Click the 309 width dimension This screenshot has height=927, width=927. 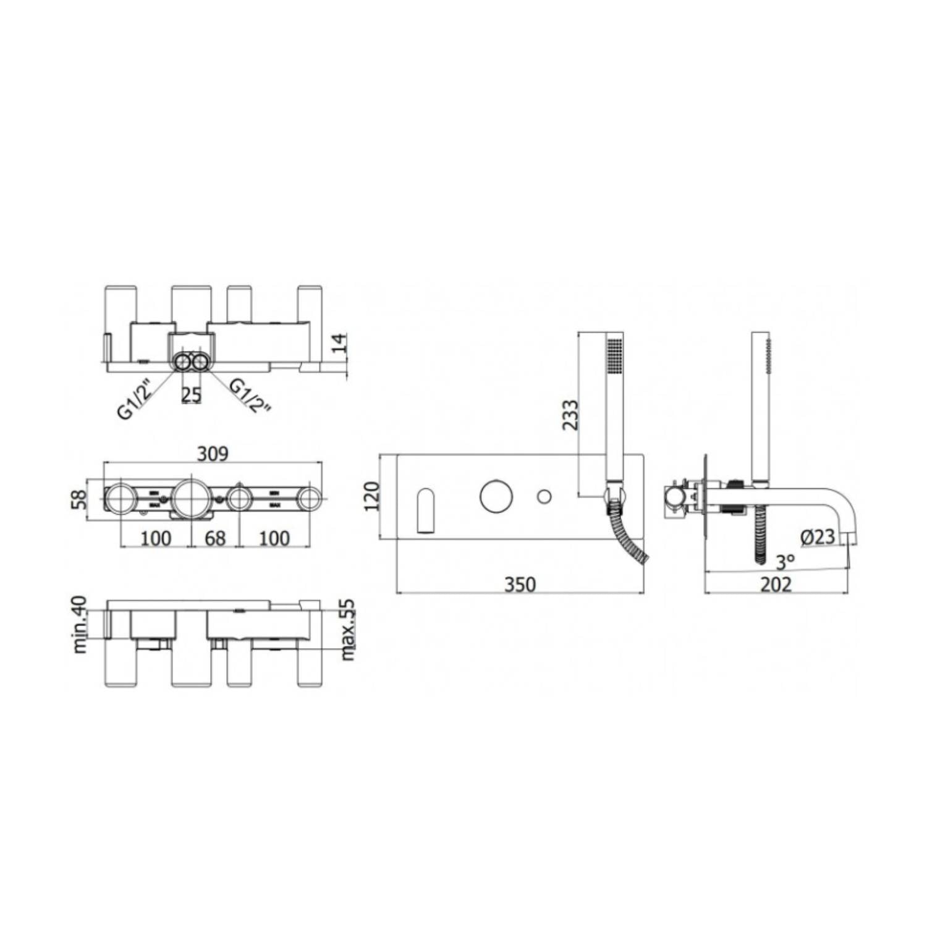(213, 454)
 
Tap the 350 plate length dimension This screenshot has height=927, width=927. (520, 585)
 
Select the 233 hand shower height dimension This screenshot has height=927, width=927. (570, 415)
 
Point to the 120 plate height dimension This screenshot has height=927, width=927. (371, 496)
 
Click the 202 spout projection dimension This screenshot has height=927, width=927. (776, 585)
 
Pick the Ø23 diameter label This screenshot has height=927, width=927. (818, 537)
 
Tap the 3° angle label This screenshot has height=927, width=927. (785, 562)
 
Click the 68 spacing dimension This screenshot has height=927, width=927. (215, 538)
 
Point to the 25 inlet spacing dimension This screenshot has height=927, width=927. (191, 395)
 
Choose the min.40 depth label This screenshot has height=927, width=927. (80, 624)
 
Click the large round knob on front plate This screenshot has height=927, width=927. (496, 496)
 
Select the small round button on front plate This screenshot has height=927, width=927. (544, 496)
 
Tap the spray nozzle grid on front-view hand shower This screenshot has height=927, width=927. (615, 355)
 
